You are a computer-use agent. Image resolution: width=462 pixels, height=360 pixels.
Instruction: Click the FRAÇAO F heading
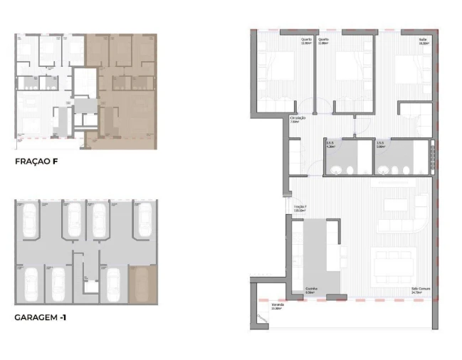(x=36, y=162)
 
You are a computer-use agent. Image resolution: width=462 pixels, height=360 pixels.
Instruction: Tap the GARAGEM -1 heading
(x=41, y=317)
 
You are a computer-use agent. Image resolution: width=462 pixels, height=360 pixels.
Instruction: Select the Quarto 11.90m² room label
(x=306, y=41)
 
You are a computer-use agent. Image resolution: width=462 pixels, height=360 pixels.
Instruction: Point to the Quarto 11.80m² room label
(x=323, y=41)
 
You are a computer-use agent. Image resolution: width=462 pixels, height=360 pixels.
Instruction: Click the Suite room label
(x=423, y=41)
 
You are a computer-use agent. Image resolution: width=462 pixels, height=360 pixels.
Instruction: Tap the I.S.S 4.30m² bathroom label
(x=330, y=144)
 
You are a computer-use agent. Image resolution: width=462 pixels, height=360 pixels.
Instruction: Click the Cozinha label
(x=310, y=290)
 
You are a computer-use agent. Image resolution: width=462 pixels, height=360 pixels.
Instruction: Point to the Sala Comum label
(x=418, y=290)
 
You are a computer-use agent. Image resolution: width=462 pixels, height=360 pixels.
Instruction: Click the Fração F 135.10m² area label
(x=300, y=208)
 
